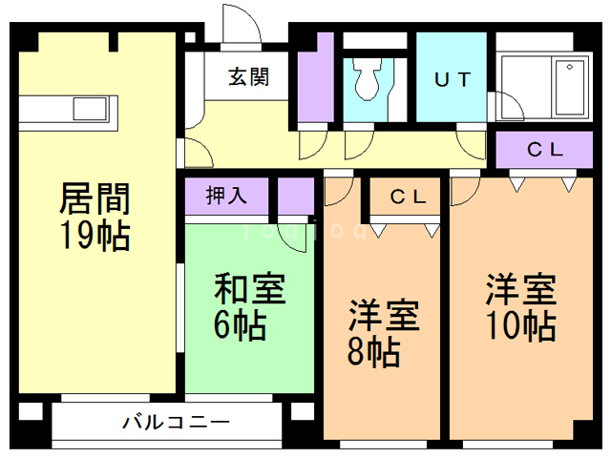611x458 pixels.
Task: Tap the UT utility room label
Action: pos(452,80)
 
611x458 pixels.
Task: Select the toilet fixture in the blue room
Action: pos(368,81)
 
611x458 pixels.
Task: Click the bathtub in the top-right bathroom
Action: pos(570,86)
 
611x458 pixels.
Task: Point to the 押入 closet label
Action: pos(227,197)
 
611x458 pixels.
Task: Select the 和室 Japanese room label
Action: pos(248,288)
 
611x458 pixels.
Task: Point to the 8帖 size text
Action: pos(372,352)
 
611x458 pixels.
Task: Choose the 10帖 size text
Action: pos(519,325)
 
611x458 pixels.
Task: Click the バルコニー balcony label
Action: pos(176,421)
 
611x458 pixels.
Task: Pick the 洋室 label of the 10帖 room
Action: pos(520,287)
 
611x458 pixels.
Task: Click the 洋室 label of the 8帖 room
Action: pos(382,315)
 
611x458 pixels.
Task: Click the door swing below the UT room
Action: pos(472,143)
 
